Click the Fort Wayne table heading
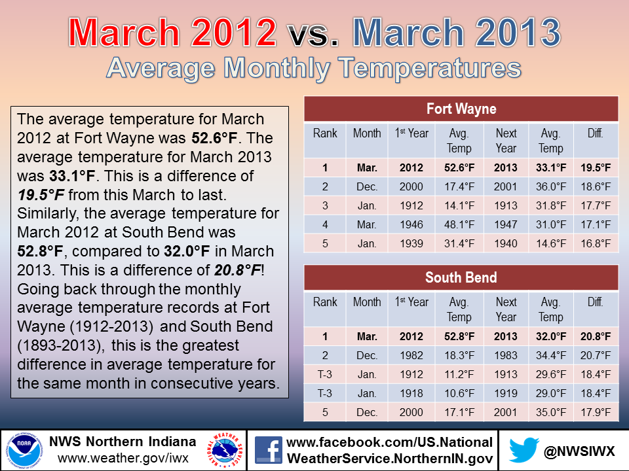coord(461,109)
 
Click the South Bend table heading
coord(461,277)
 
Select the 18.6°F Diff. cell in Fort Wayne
coord(596,186)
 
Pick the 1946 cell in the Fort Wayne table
coord(411,224)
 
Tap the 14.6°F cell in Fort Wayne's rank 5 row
coord(551,243)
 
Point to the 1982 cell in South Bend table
coord(411,356)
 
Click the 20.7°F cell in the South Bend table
coord(596,356)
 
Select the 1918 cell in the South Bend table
coord(411,394)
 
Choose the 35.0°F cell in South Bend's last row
coord(551,413)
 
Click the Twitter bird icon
coord(524,450)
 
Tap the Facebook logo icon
coord(269,450)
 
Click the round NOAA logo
coord(24,450)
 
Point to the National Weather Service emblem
coord(225,450)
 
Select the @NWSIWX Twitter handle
coord(579,451)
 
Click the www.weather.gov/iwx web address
coord(123,458)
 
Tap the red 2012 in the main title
coord(233,33)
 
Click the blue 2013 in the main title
coord(518,33)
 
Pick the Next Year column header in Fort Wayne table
coord(506,141)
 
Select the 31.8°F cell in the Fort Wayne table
coord(551,206)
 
